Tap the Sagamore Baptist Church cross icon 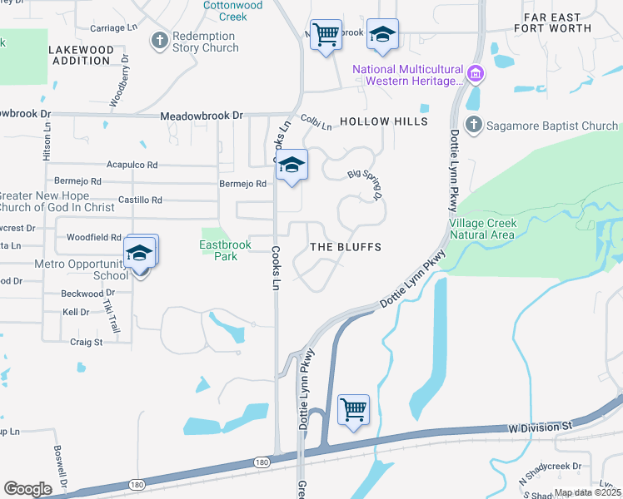pyautogui.click(x=474, y=126)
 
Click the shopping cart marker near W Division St pyautogui.click(x=354, y=410)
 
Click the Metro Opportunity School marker pyautogui.click(x=139, y=253)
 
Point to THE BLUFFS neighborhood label pyautogui.click(x=346, y=247)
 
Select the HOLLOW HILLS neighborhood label pyautogui.click(x=383, y=121)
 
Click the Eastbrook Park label pyautogui.click(x=218, y=250)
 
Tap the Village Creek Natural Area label pyautogui.click(x=483, y=229)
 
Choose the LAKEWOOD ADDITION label pyautogui.click(x=81, y=56)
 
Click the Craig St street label pyautogui.click(x=86, y=342)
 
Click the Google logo pyautogui.click(x=27, y=488)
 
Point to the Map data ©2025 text pyautogui.click(x=587, y=492)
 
